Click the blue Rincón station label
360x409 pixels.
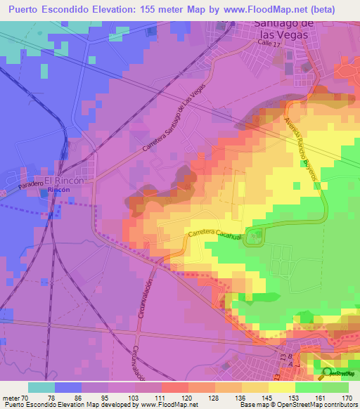[x=59, y=198]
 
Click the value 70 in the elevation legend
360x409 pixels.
[x=26, y=398]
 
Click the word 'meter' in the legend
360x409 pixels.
[x=10, y=398]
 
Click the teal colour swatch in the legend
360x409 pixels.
[x=41, y=387]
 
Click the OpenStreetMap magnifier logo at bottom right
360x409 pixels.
[x=330, y=372]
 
